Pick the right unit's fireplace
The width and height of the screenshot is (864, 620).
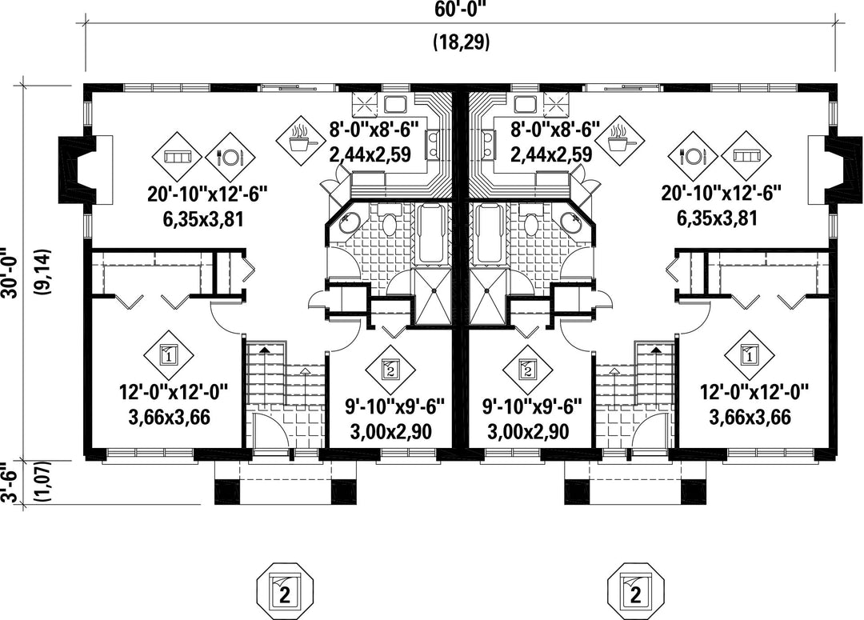click(x=843, y=169)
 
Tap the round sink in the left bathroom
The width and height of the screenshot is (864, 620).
click(x=348, y=222)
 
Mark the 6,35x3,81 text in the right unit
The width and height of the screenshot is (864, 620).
click(x=716, y=218)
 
